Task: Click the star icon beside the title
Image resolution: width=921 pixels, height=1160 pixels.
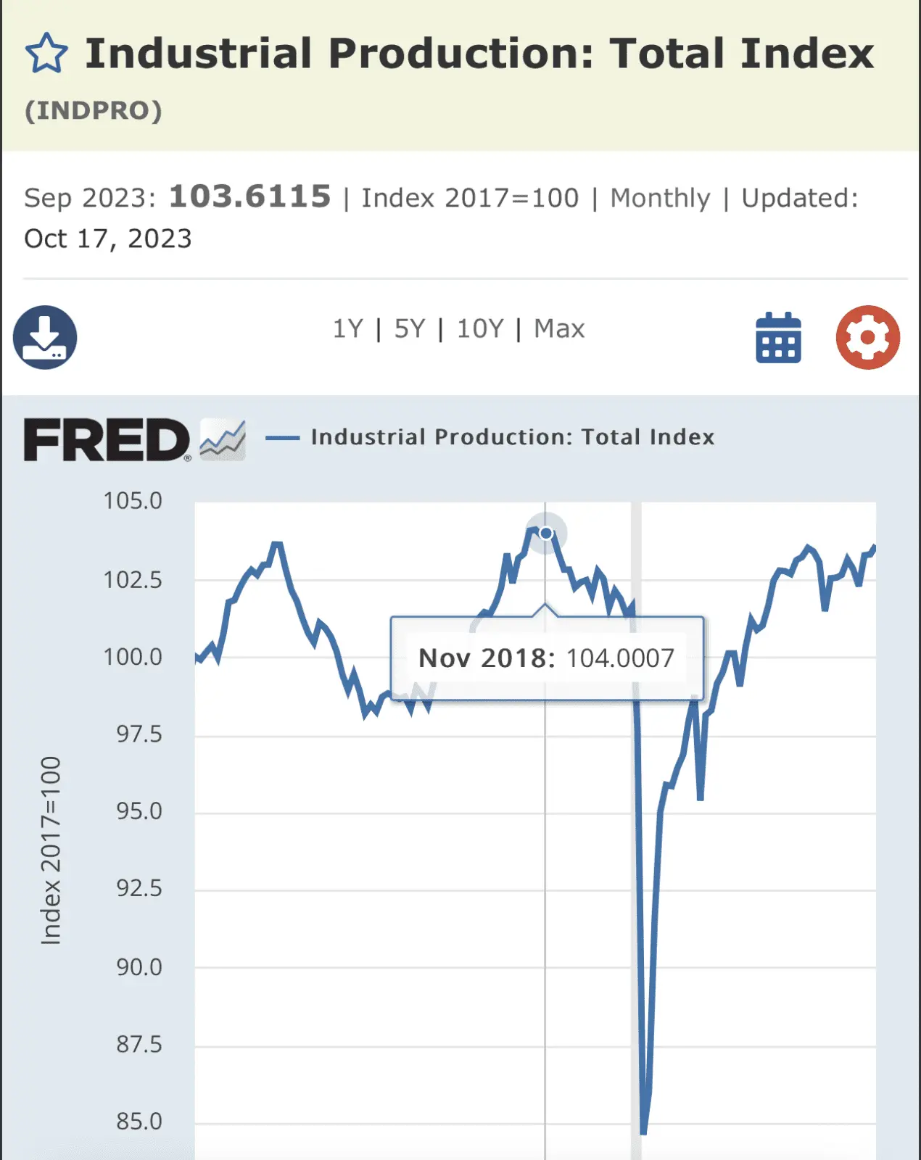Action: click(x=46, y=54)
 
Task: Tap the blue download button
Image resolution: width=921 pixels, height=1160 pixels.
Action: click(x=45, y=337)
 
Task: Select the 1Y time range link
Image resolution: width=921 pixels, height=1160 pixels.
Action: click(x=347, y=329)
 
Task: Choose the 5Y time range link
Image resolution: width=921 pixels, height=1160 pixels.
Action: click(x=410, y=329)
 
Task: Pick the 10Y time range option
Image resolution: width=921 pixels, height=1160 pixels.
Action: click(x=479, y=329)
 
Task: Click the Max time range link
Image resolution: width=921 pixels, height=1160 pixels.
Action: click(x=559, y=329)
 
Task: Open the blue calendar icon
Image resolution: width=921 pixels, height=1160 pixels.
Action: click(x=778, y=338)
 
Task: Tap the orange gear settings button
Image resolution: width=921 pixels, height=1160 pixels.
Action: click(x=867, y=337)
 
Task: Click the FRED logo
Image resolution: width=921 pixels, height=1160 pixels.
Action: click(x=107, y=439)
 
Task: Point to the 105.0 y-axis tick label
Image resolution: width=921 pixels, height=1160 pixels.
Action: click(x=133, y=501)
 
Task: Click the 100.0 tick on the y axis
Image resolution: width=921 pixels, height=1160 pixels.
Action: click(x=133, y=657)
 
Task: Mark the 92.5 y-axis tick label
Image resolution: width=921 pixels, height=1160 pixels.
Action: click(x=139, y=888)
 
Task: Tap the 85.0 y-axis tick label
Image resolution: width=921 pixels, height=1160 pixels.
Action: click(x=139, y=1122)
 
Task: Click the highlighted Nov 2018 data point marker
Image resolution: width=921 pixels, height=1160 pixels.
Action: click(x=546, y=534)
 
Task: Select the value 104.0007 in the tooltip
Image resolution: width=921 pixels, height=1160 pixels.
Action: click(x=620, y=658)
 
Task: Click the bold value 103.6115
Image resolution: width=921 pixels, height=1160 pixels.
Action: click(x=249, y=196)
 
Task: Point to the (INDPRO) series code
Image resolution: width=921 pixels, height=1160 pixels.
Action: click(x=94, y=111)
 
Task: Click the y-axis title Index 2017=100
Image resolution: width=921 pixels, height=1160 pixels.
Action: click(x=51, y=850)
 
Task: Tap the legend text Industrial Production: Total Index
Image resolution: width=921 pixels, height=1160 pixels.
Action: click(x=513, y=437)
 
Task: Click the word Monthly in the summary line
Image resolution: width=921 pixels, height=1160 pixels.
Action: click(x=660, y=198)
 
